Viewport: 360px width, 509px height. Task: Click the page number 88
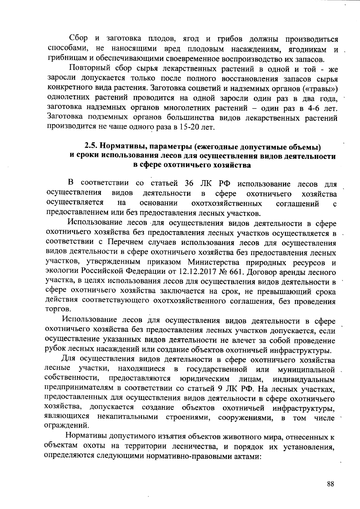331,484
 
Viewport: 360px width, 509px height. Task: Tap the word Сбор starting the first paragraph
78,38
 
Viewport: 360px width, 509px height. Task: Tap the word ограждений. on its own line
66,425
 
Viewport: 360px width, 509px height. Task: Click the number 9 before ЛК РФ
220,388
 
